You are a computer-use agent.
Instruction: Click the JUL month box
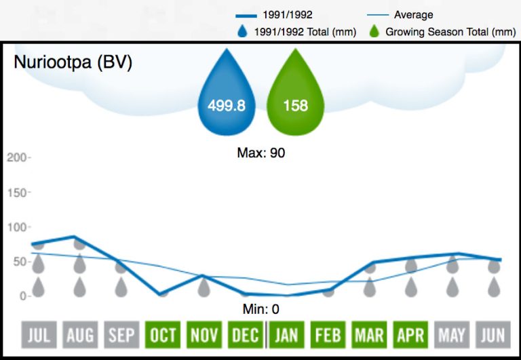[39, 334]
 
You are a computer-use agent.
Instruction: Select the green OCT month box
[163, 334]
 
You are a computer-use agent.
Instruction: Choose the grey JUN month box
[494, 334]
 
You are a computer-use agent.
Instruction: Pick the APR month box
[411, 334]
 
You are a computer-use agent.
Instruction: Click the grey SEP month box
[121, 334]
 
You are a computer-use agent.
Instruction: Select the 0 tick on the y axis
[22, 296]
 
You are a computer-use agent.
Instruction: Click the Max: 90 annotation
[260, 153]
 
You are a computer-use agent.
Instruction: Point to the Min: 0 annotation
[261, 310]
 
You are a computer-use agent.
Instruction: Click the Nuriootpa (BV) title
[73, 62]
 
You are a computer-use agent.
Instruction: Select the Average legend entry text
[413, 14]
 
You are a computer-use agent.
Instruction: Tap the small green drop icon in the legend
[374, 31]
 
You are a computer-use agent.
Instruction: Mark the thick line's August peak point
[80, 237]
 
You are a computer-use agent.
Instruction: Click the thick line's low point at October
[163, 294]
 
